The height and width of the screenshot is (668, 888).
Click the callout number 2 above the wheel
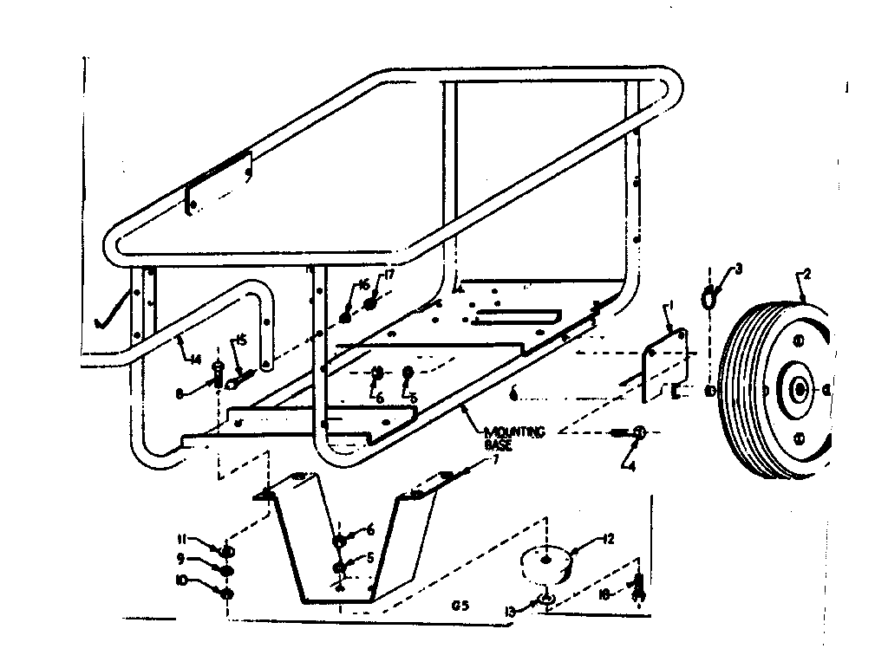[807, 275]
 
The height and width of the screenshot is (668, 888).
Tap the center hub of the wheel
[795, 391]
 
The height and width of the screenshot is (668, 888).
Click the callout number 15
[242, 340]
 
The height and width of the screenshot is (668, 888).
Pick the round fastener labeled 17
[373, 302]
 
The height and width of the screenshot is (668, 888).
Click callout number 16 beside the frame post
[362, 285]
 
